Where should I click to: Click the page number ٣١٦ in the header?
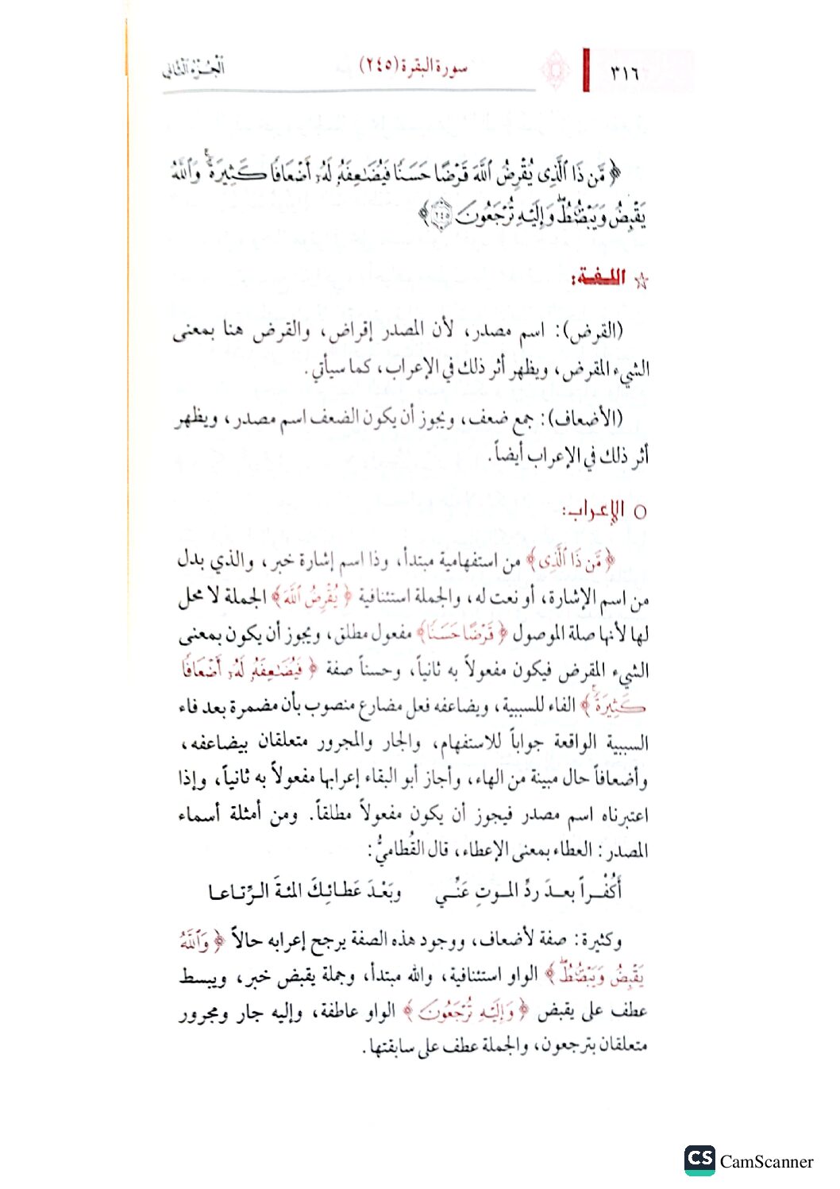pyautogui.click(x=625, y=73)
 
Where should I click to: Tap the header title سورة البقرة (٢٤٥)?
pyautogui.click(x=414, y=66)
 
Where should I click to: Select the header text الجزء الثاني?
pyautogui.click(x=194, y=68)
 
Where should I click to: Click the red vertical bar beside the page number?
pyautogui.click(x=586, y=70)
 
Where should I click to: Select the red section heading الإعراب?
pyautogui.click(x=594, y=511)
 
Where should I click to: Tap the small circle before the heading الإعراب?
pyautogui.click(x=640, y=512)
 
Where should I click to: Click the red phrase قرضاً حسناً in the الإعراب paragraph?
pyautogui.click(x=460, y=633)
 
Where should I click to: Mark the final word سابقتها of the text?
pyautogui.click(x=391, y=1047)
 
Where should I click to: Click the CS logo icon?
pyautogui.click(x=699, y=1160)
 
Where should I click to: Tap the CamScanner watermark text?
pyautogui.click(x=766, y=1162)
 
